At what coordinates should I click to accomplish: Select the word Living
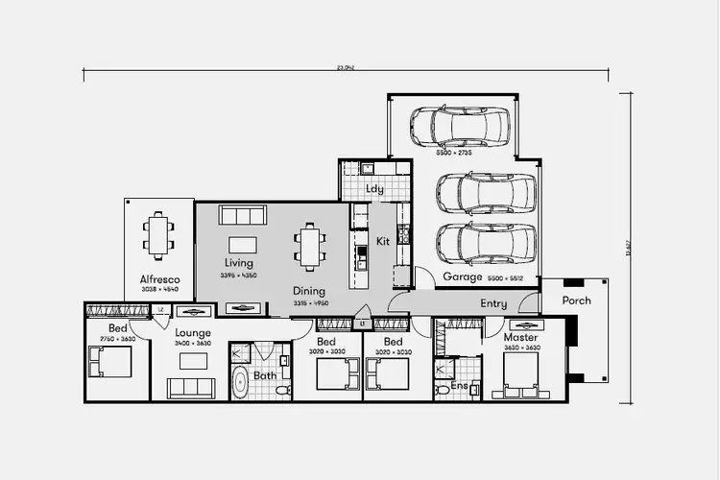coord(239,262)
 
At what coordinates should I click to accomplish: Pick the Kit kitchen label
coord(383,240)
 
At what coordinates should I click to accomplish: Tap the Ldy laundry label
coord(375,189)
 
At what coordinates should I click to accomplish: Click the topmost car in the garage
coord(460,126)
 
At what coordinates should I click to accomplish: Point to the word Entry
coord(493,303)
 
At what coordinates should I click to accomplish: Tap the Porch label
coord(576,300)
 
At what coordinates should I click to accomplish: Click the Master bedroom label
coord(520,337)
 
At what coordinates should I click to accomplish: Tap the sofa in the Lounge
coord(190,388)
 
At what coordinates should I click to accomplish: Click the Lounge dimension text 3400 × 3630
coord(193,343)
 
